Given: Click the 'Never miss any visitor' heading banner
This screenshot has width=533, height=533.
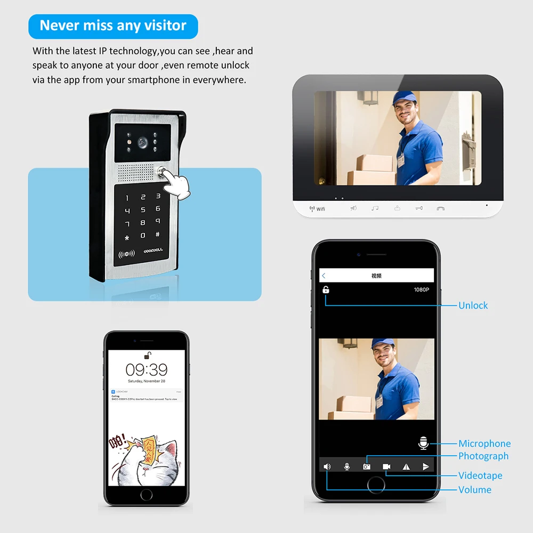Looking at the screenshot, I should (113, 26).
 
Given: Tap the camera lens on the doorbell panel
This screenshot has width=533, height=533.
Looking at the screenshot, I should (143, 143).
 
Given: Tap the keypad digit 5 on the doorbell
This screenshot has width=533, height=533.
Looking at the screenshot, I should (142, 209).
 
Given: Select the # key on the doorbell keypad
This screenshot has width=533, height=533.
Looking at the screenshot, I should (158, 234).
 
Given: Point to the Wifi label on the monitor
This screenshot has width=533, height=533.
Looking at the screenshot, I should (318, 208).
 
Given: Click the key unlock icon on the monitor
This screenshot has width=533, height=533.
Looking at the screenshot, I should (418, 208).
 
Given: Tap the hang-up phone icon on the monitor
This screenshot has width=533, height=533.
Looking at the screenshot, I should (440, 208).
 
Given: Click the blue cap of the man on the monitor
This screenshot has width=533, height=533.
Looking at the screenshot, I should (404, 98).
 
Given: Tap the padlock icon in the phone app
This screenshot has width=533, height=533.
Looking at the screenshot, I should (326, 290).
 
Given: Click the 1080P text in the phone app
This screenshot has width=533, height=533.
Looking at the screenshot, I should (421, 290).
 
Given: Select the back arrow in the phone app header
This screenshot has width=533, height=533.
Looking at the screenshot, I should (324, 276).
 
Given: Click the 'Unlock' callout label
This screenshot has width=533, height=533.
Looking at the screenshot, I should (473, 305).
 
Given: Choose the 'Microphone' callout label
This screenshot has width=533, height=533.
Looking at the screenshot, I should (484, 443).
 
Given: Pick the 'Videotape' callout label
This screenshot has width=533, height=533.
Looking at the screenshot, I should (480, 475).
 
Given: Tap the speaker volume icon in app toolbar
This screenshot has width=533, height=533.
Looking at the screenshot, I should (327, 466).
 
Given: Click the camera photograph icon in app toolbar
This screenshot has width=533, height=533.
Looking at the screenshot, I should (367, 466).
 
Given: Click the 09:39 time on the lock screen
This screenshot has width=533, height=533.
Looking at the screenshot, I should (146, 369).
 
